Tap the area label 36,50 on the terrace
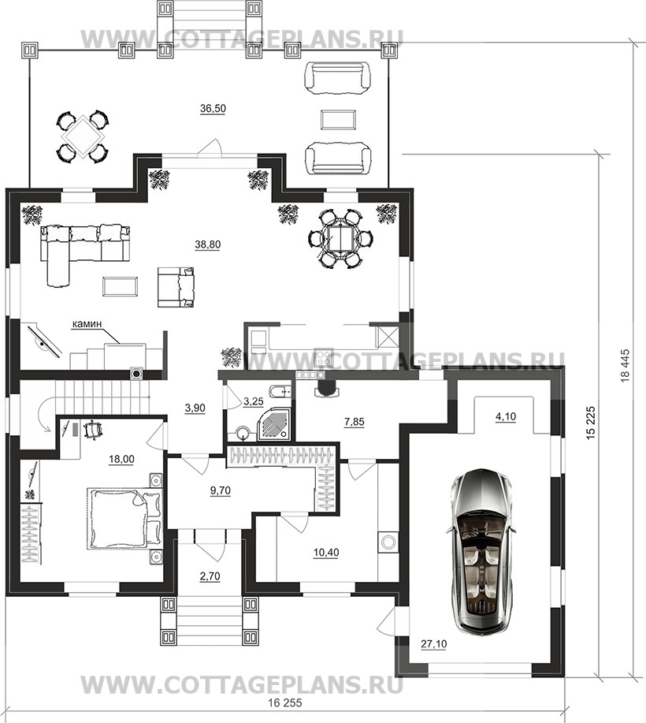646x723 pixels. pos(213,109)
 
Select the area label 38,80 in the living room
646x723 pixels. pos(208,245)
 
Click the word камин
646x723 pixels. pos(87,325)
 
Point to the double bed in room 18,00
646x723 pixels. pos(124,519)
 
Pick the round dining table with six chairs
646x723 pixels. pos(340,238)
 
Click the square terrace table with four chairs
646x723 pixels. pos(83,136)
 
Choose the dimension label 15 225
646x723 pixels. pos(592,423)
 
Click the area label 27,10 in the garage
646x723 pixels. pos(434,643)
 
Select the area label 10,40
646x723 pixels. pos(326,552)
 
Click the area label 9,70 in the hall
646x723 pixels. pos(221,490)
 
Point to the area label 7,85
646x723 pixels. pos(355,422)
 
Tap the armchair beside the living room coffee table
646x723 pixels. pos(176,286)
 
